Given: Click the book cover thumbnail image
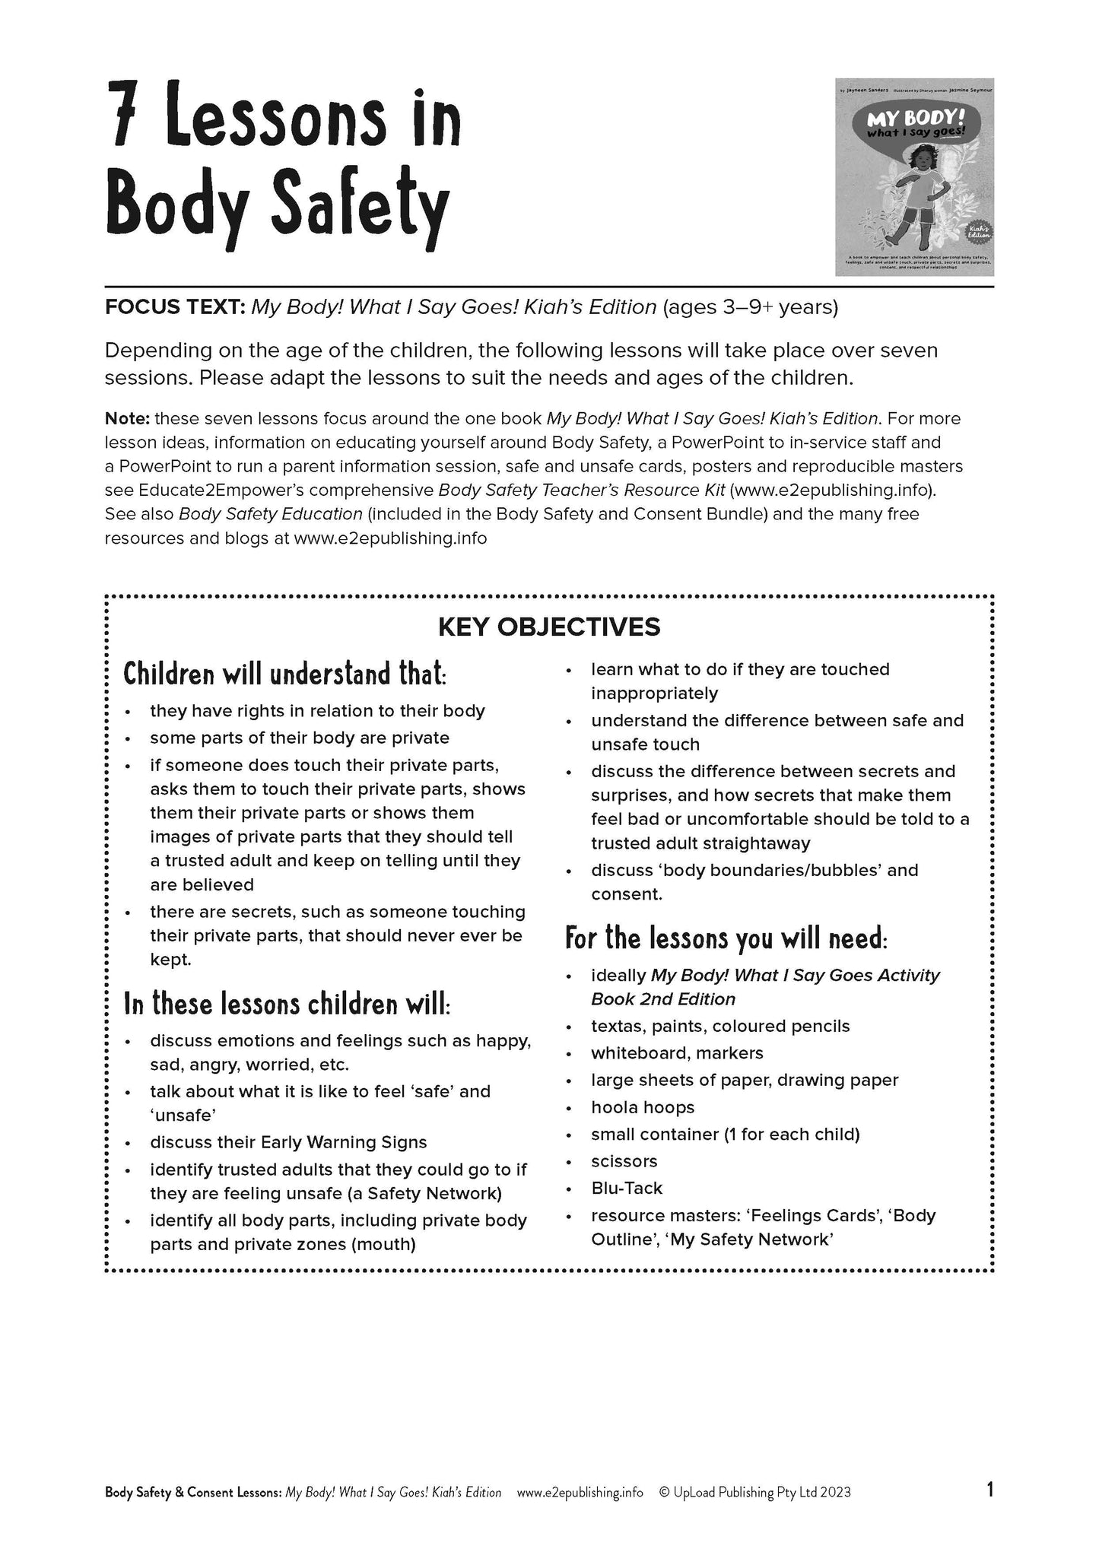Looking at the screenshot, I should coord(914,176).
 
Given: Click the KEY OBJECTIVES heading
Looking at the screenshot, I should coord(549,627).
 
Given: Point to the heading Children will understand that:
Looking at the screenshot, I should coord(285,674).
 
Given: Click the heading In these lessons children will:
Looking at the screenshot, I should coord(287,1004).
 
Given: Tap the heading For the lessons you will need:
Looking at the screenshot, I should coord(726,938).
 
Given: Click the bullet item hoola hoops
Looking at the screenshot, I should coord(643,1107).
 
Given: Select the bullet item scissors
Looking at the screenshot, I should coord(624,1161).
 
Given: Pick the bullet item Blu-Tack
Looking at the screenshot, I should coord(627,1188).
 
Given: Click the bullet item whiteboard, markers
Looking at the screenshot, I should coord(677,1053).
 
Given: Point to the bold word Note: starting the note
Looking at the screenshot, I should coord(127,419).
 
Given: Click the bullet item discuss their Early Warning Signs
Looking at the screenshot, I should coord(288,1142).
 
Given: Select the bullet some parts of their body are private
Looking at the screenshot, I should coord(300,738).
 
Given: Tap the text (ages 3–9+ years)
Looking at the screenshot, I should coord(751,307).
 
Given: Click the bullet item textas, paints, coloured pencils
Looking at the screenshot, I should coord(720,1026).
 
